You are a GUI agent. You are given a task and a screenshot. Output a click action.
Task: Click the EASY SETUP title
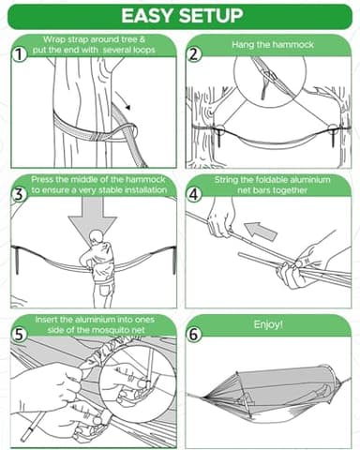[180, 16]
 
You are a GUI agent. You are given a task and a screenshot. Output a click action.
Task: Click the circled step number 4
[195, 193]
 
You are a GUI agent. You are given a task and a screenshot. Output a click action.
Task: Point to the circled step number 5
[18, 332]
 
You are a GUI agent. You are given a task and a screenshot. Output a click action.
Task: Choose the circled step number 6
[195, 332]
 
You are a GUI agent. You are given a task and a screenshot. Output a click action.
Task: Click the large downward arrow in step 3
[91, 222]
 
